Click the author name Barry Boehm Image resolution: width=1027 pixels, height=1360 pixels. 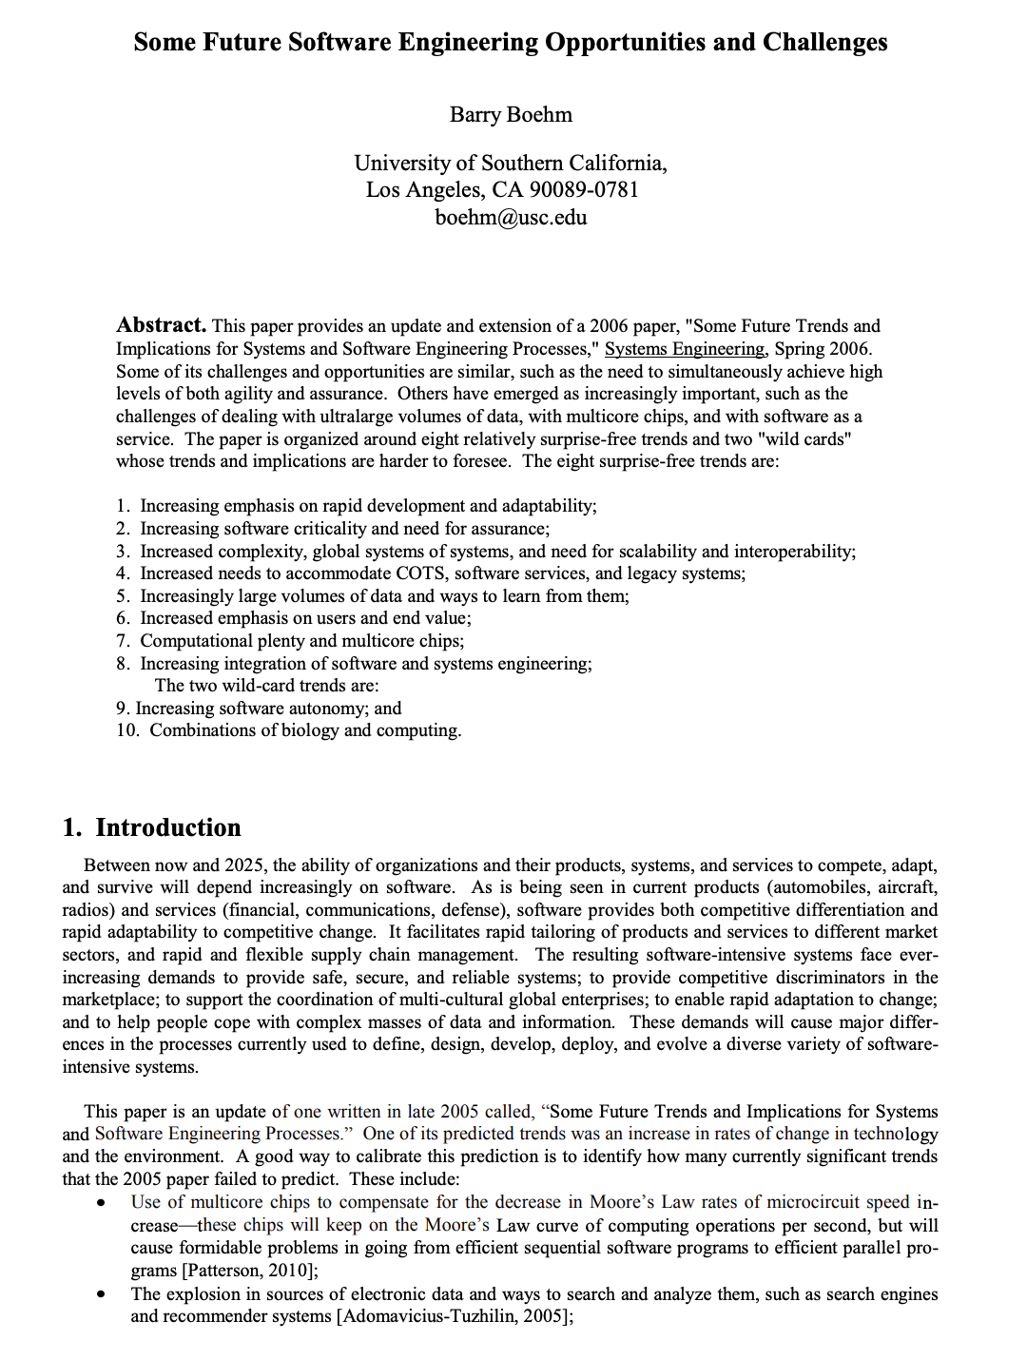pyautogui.click(x=511, y=115)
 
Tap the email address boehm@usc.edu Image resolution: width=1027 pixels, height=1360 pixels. pyautogui.click(x=511, y=218)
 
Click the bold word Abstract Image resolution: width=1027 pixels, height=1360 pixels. pyautogui.click(x=161, y=325)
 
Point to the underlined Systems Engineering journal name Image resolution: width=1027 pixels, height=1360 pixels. pyautogui.click(x=685, y=349)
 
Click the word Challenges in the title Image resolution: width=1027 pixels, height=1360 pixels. pyautogui.click(x=824, y=43)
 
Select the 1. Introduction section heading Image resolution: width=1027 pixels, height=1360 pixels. pyautogui.click(x=152, y=827)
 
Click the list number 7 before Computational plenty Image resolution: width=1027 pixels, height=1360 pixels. pyautogui.click(x=122, y=641)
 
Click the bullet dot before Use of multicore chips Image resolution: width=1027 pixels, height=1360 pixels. pyautogui.click(x=101, y=1203)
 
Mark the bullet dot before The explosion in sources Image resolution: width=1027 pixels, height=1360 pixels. pyautogui.click(x=101, y=1294)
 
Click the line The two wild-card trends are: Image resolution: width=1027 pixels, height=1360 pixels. pyautogui.click(x=266, y=686)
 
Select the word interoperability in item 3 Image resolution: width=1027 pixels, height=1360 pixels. pyautogui.click(x=792, y=552)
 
